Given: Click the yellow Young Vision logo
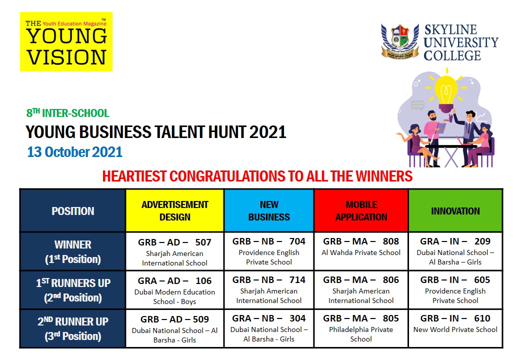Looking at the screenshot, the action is tap(66, 42).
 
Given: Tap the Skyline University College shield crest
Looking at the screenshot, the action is tap(400, 41).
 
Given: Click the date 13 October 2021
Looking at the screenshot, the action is tap(74, 152).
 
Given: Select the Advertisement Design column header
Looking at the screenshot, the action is tap(175, 210).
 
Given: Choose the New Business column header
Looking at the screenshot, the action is tap(269, 210).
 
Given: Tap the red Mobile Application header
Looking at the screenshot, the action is tap(361, 210).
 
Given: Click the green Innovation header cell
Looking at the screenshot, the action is tap(455, 210).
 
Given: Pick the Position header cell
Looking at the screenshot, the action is tap(72, 210).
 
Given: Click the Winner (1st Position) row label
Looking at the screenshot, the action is tap(72, 251).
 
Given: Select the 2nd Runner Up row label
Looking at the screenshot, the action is tap(72, 328).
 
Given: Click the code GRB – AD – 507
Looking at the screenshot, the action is tap(175, 242).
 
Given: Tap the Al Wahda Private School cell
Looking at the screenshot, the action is tap(361, 251).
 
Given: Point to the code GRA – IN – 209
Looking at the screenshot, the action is tap(455, 241).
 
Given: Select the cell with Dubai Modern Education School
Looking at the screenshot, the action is tap(175, 290).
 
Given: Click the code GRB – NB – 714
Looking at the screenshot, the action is tap(269, 280).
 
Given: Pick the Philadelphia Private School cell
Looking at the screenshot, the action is tap(361, 328).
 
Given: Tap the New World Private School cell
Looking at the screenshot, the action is tap(455, 328).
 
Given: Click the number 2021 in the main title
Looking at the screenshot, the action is tap(267, 132).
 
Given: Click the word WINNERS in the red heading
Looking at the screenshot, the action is tap(384, 176).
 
